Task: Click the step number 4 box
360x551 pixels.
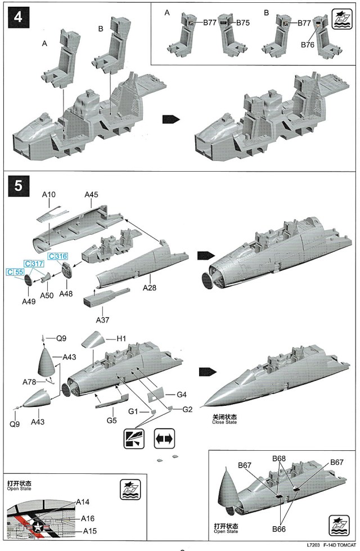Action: (18, 17)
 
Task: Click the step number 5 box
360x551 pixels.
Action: (18, 186)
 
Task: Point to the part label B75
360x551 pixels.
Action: (243, 23)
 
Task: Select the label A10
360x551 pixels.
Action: (49, 195)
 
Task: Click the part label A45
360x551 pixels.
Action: (92, 195)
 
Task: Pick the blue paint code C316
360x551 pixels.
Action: (58, 257)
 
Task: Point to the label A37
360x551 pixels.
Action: (102, 320)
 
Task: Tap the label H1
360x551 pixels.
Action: (121, 339)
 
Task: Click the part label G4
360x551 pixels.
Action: (181, 395)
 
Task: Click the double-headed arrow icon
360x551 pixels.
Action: (164, 438)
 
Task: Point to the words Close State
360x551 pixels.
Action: (224, 422)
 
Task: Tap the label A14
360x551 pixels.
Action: (83, 501)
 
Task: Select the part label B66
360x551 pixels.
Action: (280, 528)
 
